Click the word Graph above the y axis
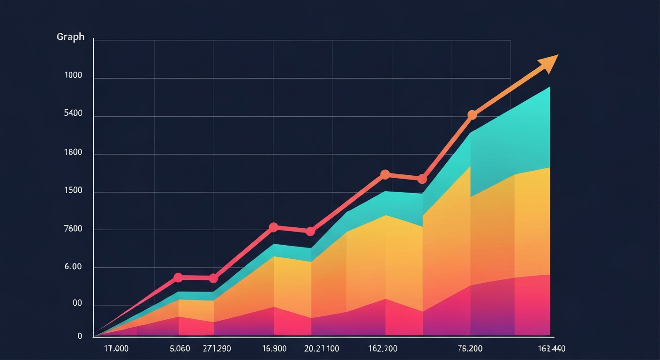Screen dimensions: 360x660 pyautogui.click(x=71, y=37)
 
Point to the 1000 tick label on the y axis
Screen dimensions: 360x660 pyautogui.click(x=73, y=75)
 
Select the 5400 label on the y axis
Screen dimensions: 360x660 pyautogui.click(x=73, y=113)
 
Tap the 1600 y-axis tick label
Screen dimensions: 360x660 pyautogui.click(x=73, y=153)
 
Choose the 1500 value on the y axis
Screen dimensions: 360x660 pyautogui.click(x=73, y=191)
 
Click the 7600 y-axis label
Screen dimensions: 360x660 pyautogui.click(x=73, y=229)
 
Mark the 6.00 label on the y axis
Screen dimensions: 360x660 pyautogui.click(x=73, y=267)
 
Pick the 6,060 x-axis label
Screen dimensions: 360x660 pyautogui.click(x=180, y=349)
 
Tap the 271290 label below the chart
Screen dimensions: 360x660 pyautogui.click(x=217, y=349)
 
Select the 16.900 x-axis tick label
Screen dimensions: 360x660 pyautogui.click(x=274, y=349)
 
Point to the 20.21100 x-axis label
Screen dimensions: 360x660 pyautogui.click(x=322, y=349)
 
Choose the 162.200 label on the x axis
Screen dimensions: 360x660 pyautogui.click(x=383, y=349)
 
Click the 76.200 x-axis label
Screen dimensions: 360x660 pyautogui.click(x=470, y=349)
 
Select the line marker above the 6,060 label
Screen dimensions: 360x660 pyautogui.click(x=178, y=277)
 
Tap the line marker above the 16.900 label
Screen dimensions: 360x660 pyautogui.click(x=274, y=227)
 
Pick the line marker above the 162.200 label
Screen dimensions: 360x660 pyautogui.click(x=385, y=174)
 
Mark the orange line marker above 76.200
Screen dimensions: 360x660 pyautogui.click(x=472, y=115)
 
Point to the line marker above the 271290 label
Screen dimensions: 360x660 pyautogui.click(x=213, y=278)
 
